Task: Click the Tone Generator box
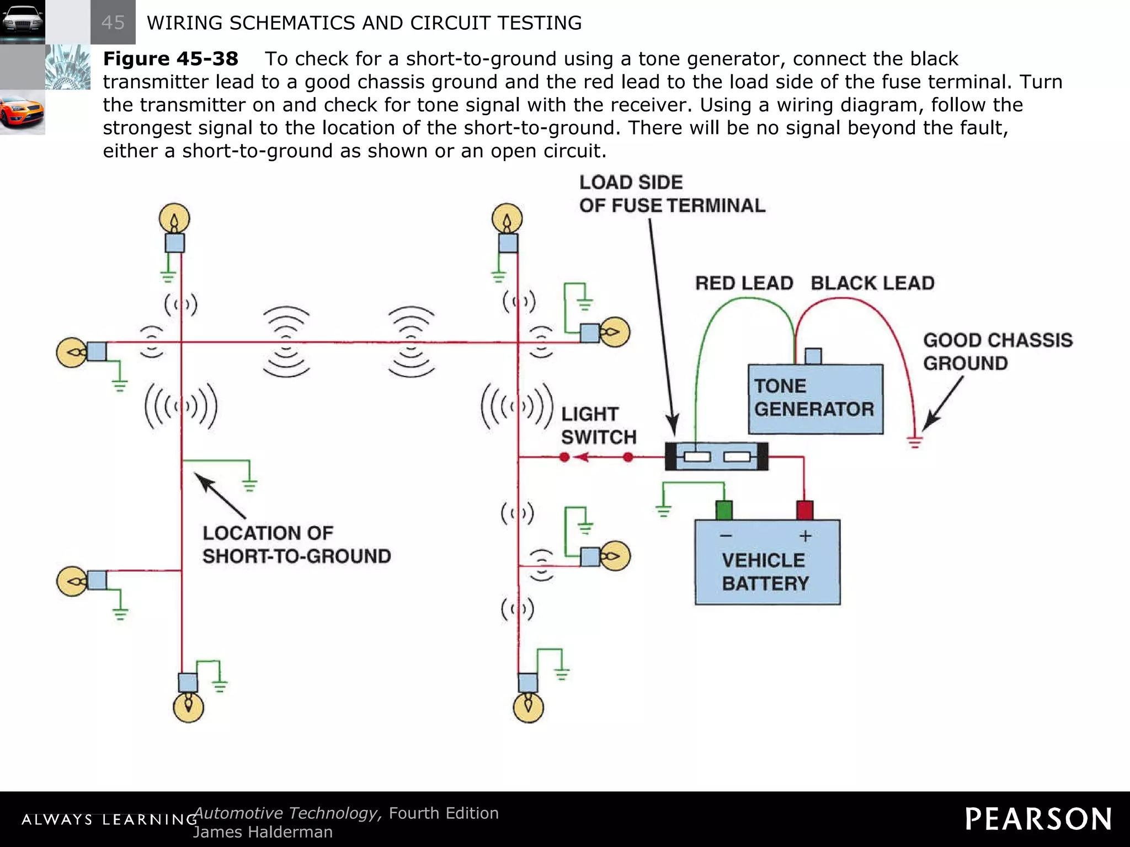click(x=815, y=399)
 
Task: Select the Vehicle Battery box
click(x=767, y=562)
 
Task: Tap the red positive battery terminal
click(x=804, y=510)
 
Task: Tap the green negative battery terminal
click(x=723, y=510)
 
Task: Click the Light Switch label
click(x=599, y=425)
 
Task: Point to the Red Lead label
click(x=743, y=283)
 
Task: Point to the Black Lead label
click(x=872, y=283)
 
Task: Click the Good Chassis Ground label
click(x=997, y=351)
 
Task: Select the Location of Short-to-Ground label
click(x=296, y=544)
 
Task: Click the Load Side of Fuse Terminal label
click(x=671, y=194)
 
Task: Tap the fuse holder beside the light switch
click(x=716, y=457)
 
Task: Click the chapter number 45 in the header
click(x=113, y=23)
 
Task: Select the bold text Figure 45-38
click(x=170, y=58)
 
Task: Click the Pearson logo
click(x=1038, y=819)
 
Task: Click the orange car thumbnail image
click(x=22, y=112)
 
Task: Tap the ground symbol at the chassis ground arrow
click(x=915, y=442)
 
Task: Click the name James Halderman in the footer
click(x=263, y=832)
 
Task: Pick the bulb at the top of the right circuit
click(x=507, y=219)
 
